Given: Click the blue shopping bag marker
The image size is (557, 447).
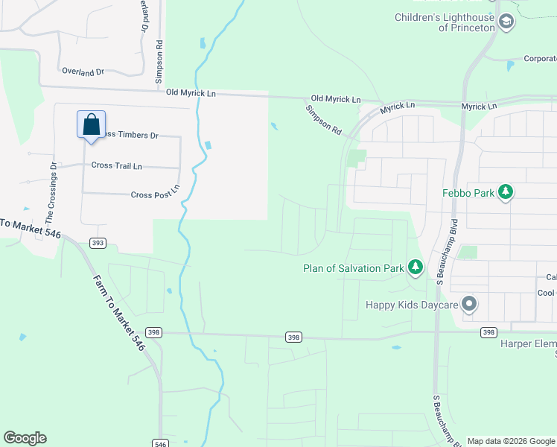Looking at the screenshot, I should click(91, 124).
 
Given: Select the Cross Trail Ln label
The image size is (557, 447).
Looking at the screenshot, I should click(116, 165).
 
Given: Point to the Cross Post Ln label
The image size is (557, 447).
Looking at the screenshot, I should click(156, 194).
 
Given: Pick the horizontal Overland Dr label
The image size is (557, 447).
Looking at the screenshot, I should click(83, 72).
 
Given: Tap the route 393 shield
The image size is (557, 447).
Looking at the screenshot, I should click(98, 243).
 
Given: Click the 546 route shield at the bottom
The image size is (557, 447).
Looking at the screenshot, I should click(162, 443).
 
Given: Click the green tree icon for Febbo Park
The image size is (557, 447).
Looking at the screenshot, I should click(506, 192).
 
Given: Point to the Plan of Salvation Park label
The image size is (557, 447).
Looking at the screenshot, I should click(353, 268).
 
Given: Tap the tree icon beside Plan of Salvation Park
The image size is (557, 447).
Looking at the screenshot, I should click(415, 267).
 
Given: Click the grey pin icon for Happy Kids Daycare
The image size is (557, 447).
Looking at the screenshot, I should click(469, 304).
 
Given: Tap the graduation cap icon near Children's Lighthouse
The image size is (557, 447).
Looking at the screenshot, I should click(507, 22).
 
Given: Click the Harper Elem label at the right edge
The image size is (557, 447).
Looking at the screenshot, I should click(528, 344).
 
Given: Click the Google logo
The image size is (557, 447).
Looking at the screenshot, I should click(25, 438).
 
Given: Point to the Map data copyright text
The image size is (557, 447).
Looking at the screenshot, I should click(512, 441).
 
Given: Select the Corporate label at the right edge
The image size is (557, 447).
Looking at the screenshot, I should click(540, 58).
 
